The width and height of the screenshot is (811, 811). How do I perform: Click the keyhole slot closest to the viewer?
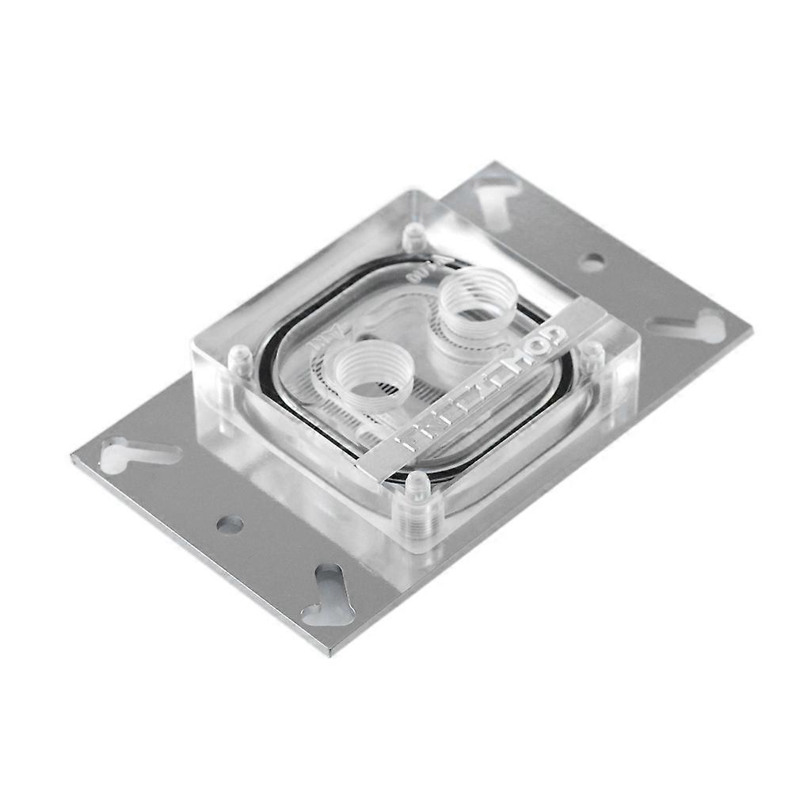pyautogui.click(x=326, y=594)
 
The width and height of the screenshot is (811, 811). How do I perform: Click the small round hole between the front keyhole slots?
pyautogui.click(x=230, y=524)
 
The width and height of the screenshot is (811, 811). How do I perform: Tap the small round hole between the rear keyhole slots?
pyautogui.click(x=592, y=262)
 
